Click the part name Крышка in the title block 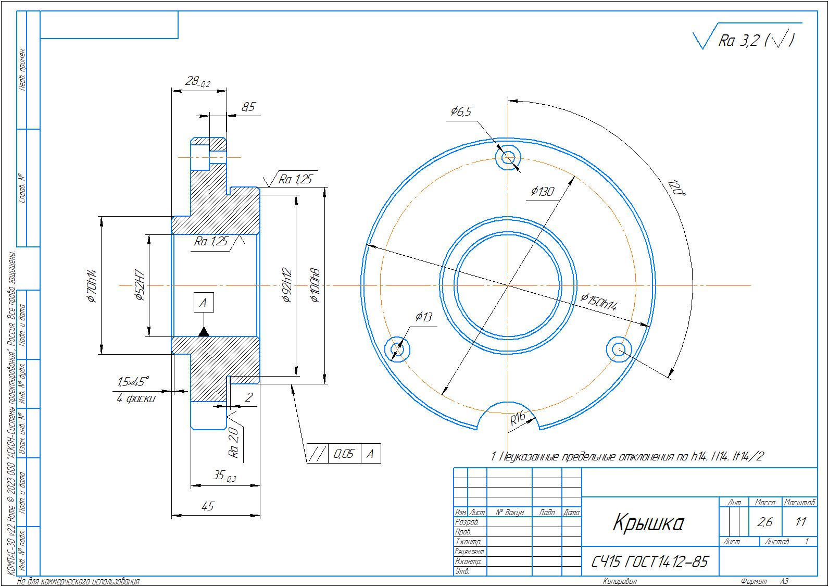[648, 522]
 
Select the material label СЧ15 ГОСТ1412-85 [649, 562]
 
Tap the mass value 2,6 [764, 522]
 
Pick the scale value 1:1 [801, 522]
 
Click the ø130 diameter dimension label [543, 191]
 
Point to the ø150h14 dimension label [599, 302]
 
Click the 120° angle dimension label [676, 188]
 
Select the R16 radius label [518, 419]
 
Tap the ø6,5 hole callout [461, 111]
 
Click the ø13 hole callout [423, 317]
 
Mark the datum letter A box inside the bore [204, 303]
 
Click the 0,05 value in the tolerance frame [344, 453]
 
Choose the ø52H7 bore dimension [140, 285]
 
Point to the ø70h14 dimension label [91, 286]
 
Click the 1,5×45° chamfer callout [133, 382]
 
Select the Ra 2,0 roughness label [234, 443]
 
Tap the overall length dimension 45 [208, 506]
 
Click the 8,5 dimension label [248, 107]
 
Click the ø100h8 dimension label [315, 285]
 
